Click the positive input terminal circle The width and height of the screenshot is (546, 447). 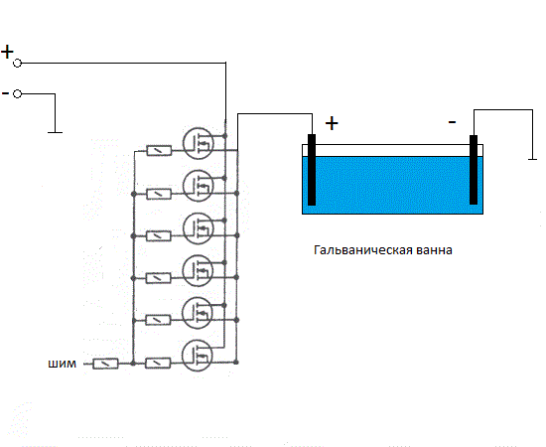(18, 63)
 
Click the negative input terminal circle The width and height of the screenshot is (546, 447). (18, 93)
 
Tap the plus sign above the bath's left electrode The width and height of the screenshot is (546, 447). (332, 123)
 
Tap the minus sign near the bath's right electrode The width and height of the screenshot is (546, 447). (452, 122)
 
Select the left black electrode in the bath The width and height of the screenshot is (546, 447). (312, 170)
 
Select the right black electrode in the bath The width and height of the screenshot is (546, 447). (474, 169)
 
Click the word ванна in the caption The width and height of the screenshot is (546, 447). (434, 250)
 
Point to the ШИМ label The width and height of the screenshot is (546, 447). (62, 364)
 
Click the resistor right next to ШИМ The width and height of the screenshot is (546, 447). (105, 365)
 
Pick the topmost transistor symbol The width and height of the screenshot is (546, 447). (199, 143)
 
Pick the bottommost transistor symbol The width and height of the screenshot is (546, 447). (198, 356)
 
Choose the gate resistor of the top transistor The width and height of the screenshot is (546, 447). (159, 151)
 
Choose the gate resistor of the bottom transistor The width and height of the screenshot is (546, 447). (158, 364)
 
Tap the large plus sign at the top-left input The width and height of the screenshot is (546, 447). (7, 52)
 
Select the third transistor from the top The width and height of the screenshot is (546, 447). (199, 228)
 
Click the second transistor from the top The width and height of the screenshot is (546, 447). (199, 186)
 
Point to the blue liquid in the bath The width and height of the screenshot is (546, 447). (392, 185)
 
